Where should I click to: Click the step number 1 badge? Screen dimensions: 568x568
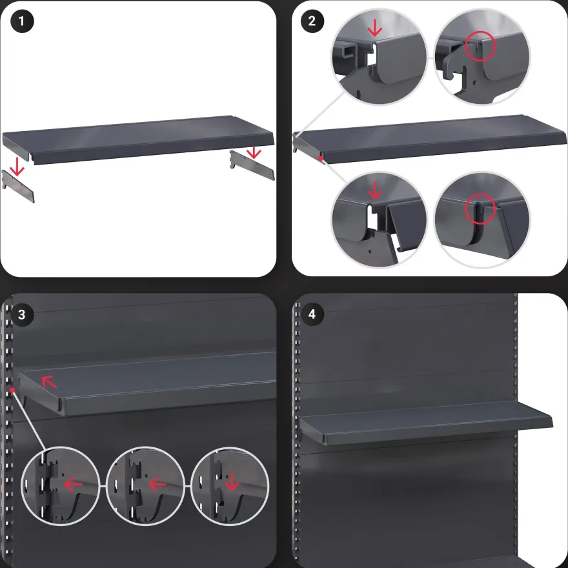pos(22,21)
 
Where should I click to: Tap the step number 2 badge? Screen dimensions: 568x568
pos(312,21)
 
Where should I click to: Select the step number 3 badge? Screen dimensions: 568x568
pos(22,314)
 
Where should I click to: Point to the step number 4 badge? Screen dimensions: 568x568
pos(312,314)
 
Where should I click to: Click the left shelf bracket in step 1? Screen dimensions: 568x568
pos(18,186)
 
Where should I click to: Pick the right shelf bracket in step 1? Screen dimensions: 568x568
pos(252,165)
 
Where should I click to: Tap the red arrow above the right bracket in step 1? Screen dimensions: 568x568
pos(254,152)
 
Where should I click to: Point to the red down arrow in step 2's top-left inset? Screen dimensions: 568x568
pos(374,28)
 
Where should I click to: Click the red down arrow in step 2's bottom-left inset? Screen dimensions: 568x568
pos(374,190)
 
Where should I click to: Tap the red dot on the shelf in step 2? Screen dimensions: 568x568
pos(321,158)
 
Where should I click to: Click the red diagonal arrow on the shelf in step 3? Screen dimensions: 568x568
pos(49,381)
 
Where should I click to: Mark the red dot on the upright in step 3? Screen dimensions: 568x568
pos(12,390)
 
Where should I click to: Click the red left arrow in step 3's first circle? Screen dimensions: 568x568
pos(73,484)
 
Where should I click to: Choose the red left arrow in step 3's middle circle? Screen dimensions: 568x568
pos(157,484)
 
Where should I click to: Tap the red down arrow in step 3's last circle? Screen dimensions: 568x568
pos(232,482)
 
